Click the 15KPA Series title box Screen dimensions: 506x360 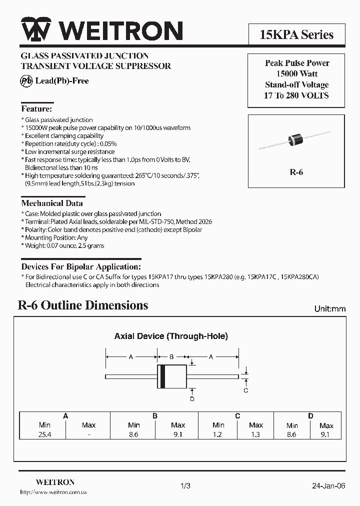pos(296,34)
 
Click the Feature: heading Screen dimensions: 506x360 pos(36,108)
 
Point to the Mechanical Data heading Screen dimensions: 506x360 pos(52,203)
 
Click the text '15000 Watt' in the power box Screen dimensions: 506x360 pos(297,74)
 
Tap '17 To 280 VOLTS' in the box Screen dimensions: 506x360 pos(296,95)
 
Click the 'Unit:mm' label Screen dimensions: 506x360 pos(329,309)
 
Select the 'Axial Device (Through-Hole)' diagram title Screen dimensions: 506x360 pos(171,336)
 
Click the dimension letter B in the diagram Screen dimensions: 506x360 pos(171,357)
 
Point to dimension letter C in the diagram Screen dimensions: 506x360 pos(245,390)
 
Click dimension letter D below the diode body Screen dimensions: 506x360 pos(192,398)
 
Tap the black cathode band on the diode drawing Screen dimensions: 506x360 pos(162,376)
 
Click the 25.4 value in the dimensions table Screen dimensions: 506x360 pos(44,435)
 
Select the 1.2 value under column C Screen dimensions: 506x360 pos(218,435)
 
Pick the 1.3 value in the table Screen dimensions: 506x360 pos(255,435)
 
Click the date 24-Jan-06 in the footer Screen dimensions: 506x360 pos(328,485)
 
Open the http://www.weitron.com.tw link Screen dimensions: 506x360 pos(54,493)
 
